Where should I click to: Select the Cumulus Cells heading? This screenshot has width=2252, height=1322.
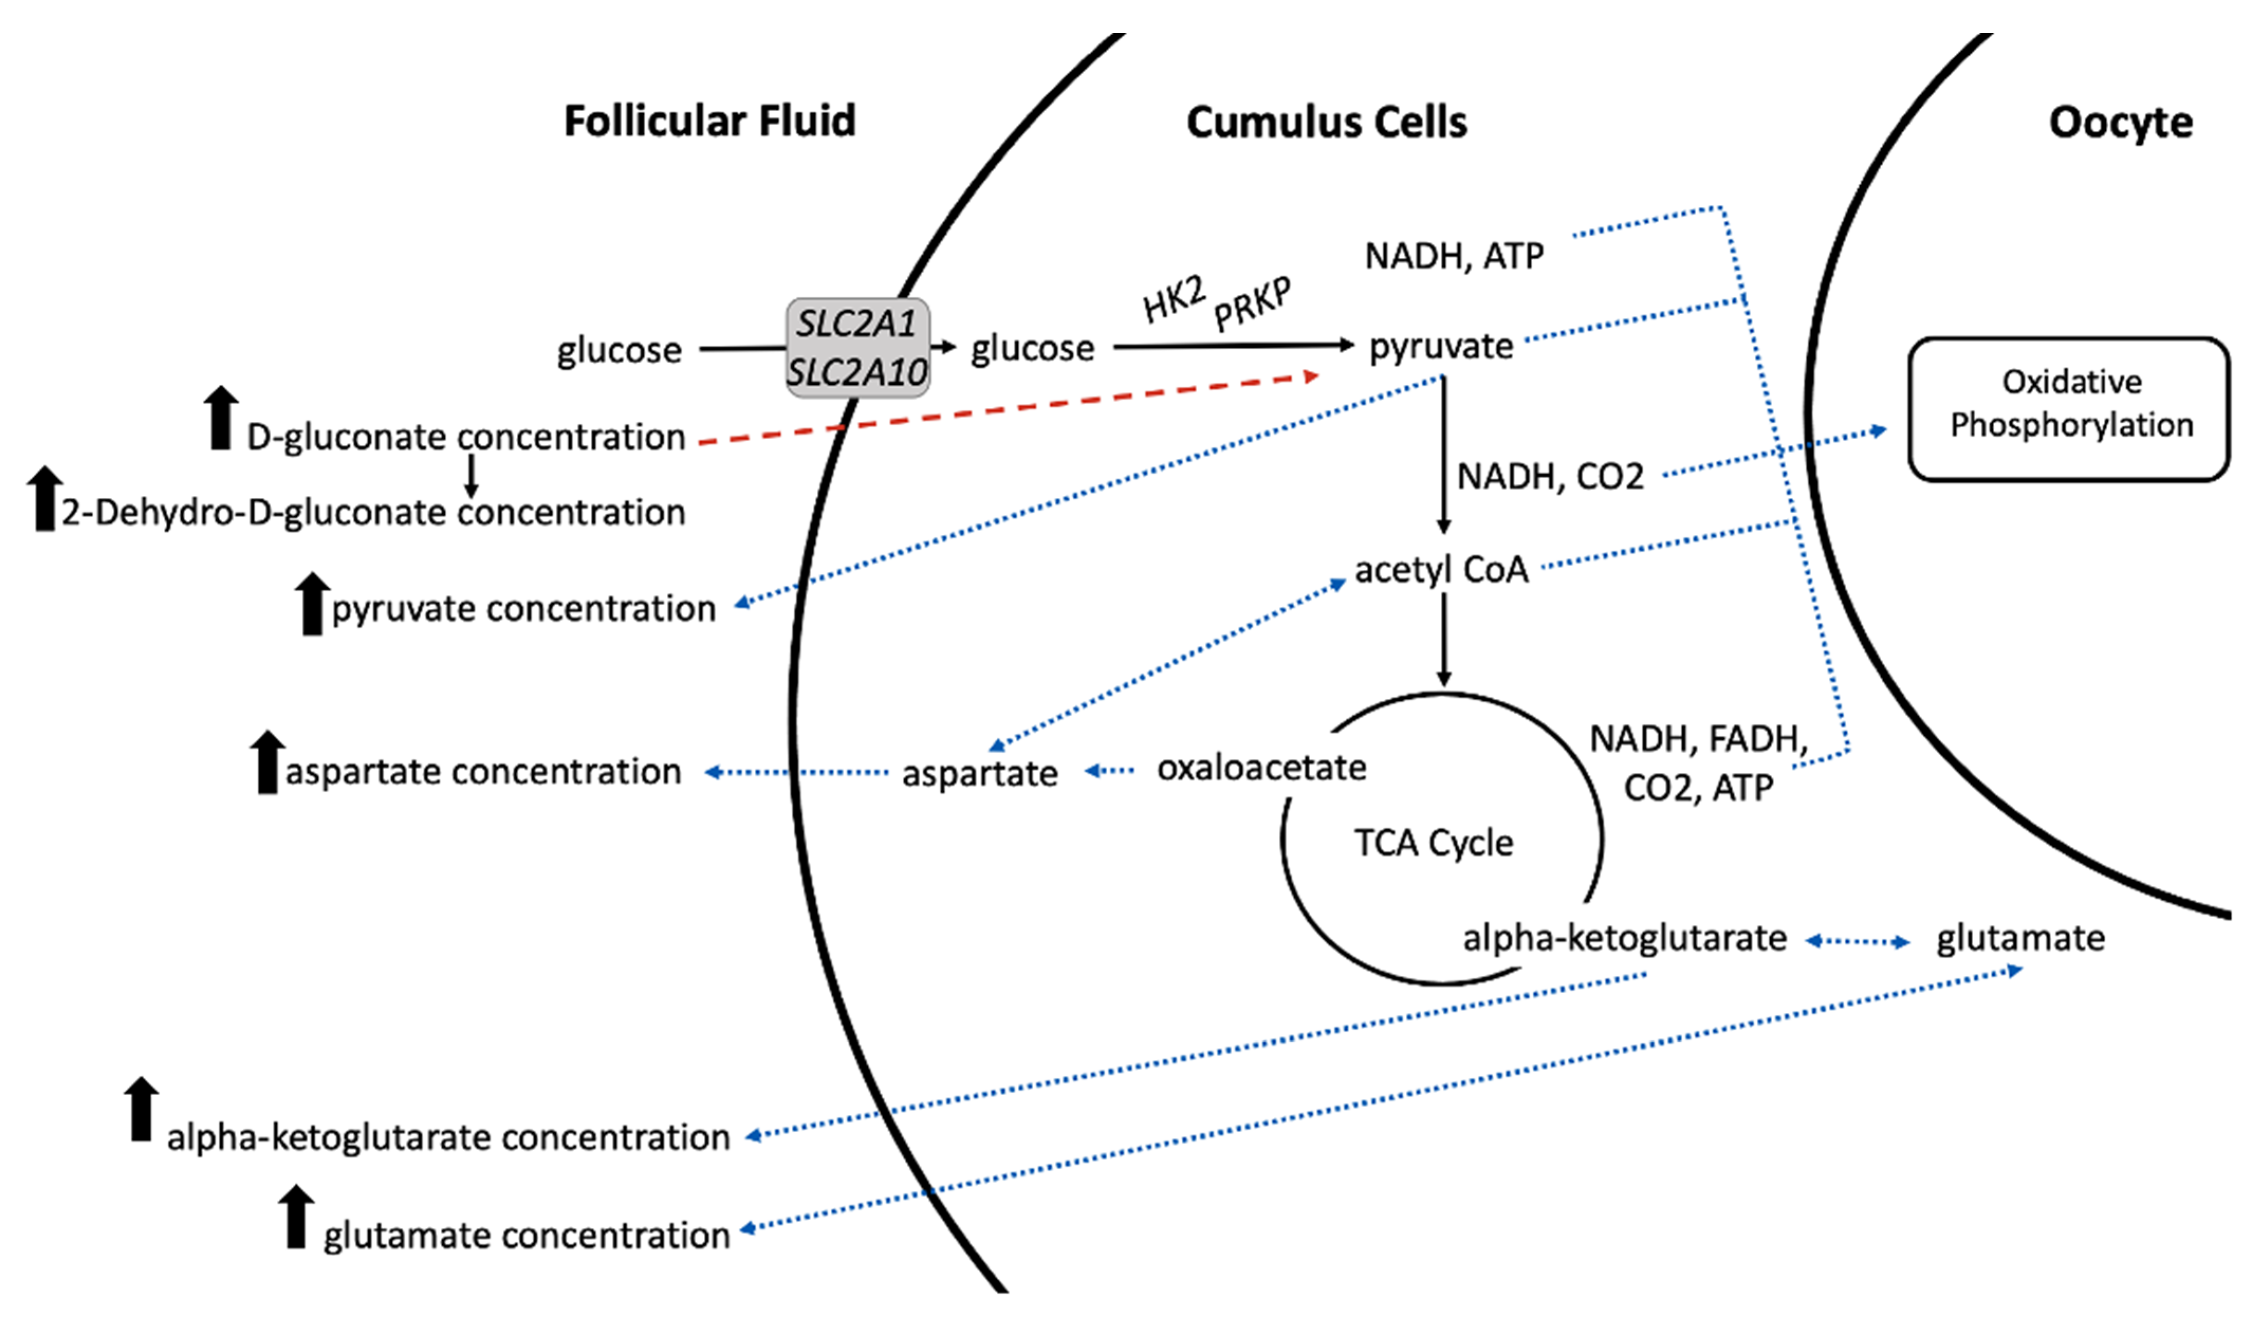pos(1326,123)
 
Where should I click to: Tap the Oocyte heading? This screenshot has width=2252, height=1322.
pos(2120,123)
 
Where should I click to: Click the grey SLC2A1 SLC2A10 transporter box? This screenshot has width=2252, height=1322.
pos(857,348)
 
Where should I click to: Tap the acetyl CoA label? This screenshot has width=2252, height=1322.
pos(1441,569)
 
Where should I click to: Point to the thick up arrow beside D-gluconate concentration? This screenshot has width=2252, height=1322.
pos(221,418)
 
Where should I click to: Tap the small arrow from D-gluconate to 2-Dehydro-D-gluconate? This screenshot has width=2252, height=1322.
pos(471,476)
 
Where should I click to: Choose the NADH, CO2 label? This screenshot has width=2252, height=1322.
pos(1551,476)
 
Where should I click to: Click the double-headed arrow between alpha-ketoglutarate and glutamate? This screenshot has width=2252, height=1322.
pos(1857,941)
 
